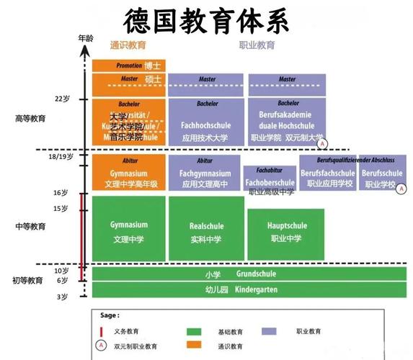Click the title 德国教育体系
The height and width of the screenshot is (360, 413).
point(205,22)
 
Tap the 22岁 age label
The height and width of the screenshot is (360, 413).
point(62,99)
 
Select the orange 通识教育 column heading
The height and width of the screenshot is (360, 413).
point(128,45)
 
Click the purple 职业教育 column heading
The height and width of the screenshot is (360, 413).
point(257,45)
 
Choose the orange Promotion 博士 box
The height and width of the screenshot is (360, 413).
point(129,65)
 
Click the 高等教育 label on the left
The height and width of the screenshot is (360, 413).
point(30,119)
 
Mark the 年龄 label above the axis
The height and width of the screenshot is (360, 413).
point(85,37)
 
